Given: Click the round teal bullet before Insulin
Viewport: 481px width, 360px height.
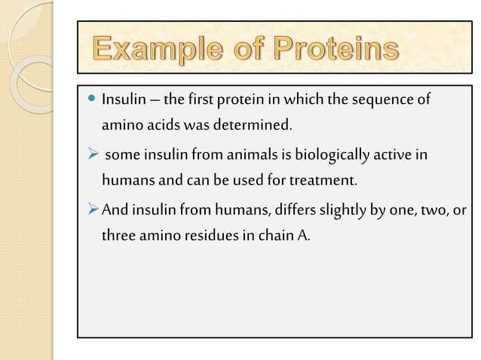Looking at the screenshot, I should tap(92, 99).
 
